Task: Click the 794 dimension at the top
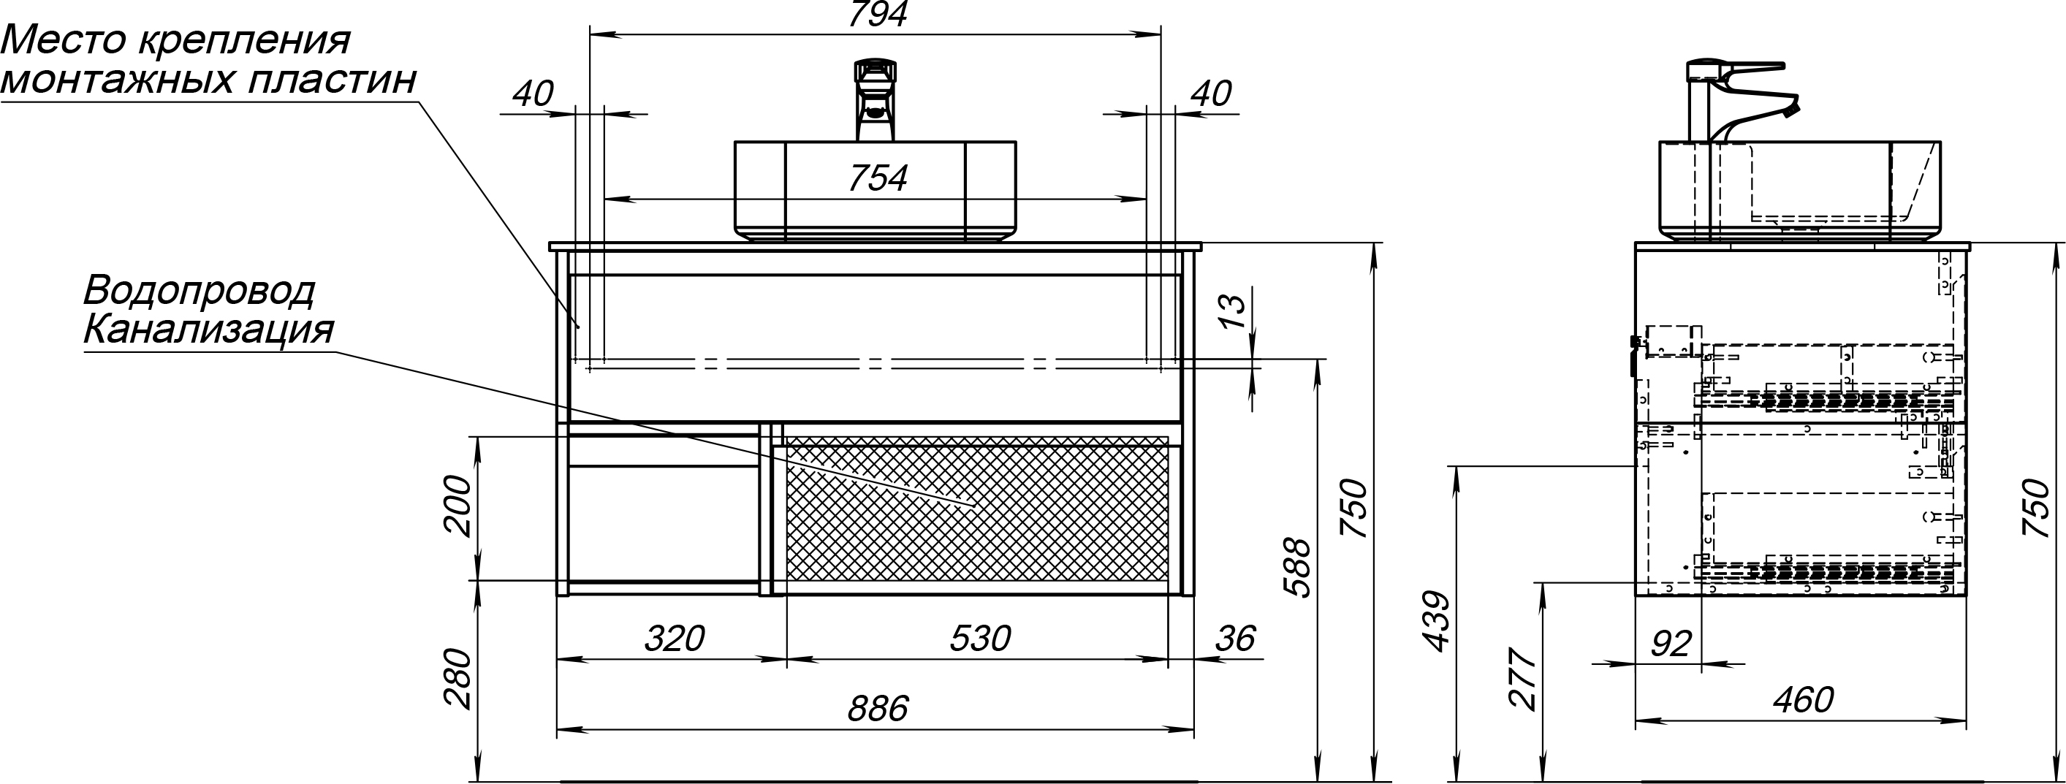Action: pyautogui.click(x=878, y=15)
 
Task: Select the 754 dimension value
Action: pyautogui.click(x=878, y=179)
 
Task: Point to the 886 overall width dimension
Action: pyautogui.click(x=878, y=709)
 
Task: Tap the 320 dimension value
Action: pyautogui.click(x=674, y=639)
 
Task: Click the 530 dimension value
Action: pyautogui.click(x=979, y=639)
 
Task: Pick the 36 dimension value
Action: pyautogui.click(x=1234, y=639)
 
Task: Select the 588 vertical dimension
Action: pyautogui.click(x=1296, y=568)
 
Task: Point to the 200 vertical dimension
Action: pyautogui.click(x=457, y=505)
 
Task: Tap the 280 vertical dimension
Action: pyautogui.click(x=457, y=678)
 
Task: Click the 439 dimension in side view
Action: pyautogui.click(x=1433, y=621)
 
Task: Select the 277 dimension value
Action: pyautogui.click(x=1522, y=678)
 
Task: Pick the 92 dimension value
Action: pyautogui.click(x=1671, y=644)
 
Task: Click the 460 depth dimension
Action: pyautogui.click(x=1802, y=701)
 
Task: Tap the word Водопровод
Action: pyautogui.click(x=199, y=291)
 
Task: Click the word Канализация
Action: pyautogui.click(x=208, y=330)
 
